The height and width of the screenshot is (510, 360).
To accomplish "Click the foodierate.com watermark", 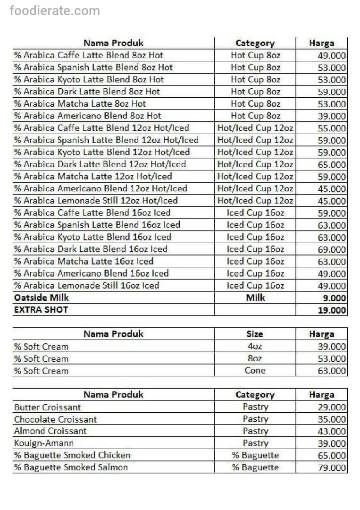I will click(55, 10).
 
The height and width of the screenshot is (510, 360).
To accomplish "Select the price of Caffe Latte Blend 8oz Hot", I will click(332, 56).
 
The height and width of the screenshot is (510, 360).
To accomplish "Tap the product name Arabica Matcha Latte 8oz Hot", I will click(80, 104).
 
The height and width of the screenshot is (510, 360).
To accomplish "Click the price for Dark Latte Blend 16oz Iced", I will click(332, 250).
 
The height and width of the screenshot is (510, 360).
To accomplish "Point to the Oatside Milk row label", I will click(42, 297).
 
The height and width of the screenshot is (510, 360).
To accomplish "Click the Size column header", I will click(255, 334).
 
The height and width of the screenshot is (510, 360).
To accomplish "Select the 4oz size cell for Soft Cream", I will click(255, 346).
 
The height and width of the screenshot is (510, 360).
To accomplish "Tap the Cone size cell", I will click(255, 371).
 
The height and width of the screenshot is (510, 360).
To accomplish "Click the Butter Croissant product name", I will click(48, 407).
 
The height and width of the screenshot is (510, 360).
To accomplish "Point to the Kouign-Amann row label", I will click(44, 443).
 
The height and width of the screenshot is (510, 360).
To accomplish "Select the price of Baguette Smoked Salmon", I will click(332, 468).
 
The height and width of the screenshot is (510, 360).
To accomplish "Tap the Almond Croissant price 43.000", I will click(332, 432).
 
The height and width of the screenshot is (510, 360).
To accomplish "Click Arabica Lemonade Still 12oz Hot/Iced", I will click(96, 201).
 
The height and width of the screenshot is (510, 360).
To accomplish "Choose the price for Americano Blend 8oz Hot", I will click(332, 116).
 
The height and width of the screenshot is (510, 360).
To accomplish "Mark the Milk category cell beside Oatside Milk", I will click(255, 297).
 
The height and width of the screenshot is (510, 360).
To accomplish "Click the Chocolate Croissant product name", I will click(56, 419).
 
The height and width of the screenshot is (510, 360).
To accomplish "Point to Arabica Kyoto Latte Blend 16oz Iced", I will click(92, 237).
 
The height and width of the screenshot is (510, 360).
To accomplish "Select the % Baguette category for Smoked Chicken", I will click(255, 455).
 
